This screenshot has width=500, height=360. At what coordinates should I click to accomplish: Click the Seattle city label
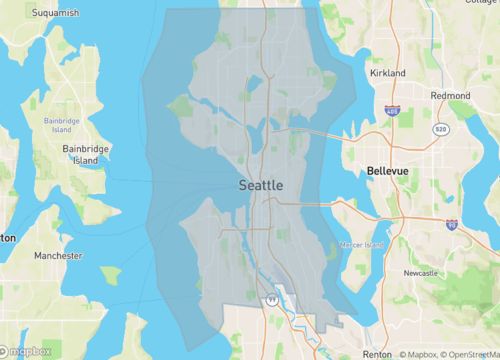[x=261, y=186]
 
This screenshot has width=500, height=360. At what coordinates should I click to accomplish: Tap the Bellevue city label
[x=388, y=172]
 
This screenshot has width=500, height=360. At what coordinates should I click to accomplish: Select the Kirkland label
[x=387, y=74]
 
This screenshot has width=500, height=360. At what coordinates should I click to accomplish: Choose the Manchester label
[x=58, y=256]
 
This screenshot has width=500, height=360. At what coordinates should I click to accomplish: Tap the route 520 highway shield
[x=440, y=129]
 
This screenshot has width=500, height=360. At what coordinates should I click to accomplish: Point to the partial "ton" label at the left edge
[x=8, y=238]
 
